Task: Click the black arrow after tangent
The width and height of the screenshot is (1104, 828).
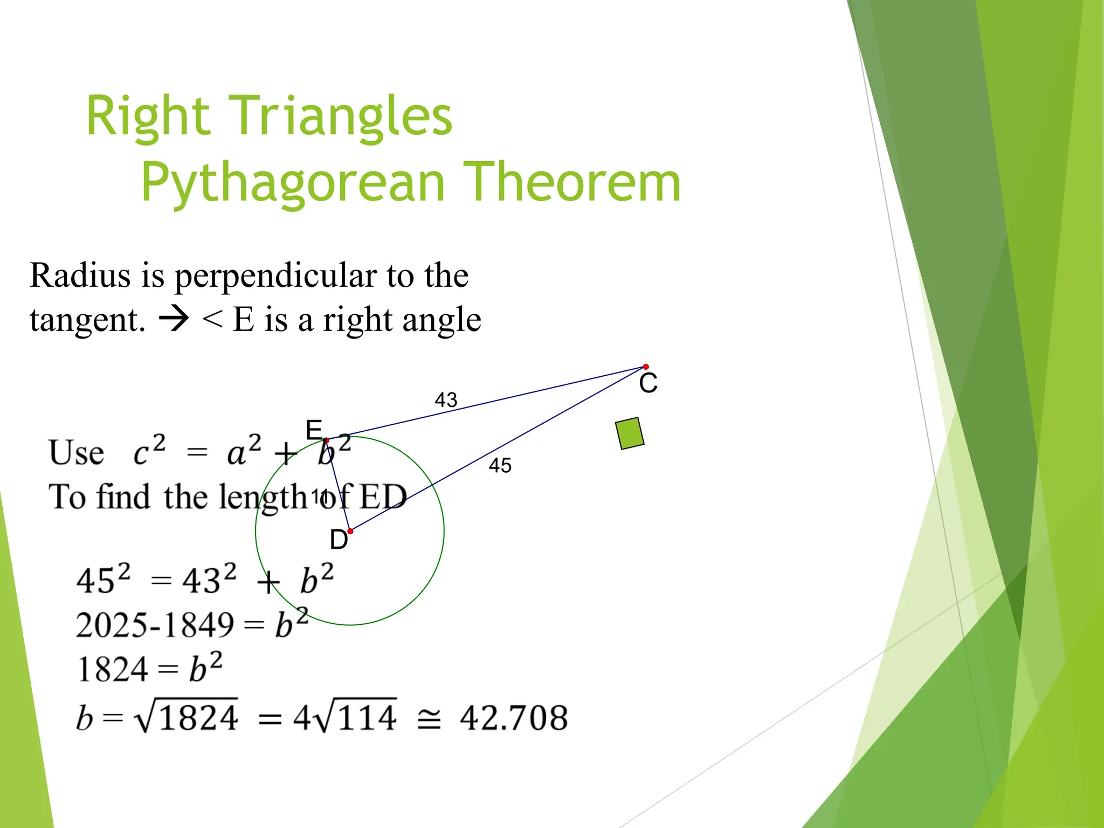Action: (174, 319)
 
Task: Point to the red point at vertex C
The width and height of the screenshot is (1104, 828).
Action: (646, 367)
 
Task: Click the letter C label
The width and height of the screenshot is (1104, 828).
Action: (648, 383)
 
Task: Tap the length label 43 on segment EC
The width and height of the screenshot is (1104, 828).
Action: (446, 400)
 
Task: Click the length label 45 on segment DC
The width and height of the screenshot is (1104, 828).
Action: (500, 465)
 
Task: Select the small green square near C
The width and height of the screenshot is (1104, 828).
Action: (630, 433)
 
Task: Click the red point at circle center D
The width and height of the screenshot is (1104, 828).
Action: (350, 531)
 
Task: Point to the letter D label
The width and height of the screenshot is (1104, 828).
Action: (339, 540)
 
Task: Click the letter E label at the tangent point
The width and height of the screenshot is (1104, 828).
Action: (314, 430)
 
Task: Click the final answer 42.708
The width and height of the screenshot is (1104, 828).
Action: (513, 718)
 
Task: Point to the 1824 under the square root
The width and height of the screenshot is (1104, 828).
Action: (198, 718)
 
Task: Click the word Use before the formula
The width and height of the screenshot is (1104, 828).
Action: (76, 453)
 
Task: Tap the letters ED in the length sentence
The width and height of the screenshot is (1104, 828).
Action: (383, 496)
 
